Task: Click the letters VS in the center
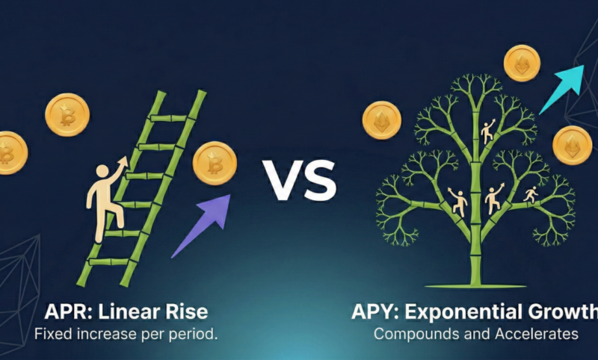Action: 299,179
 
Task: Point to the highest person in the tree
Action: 487,131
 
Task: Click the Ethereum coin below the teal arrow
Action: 572,145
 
